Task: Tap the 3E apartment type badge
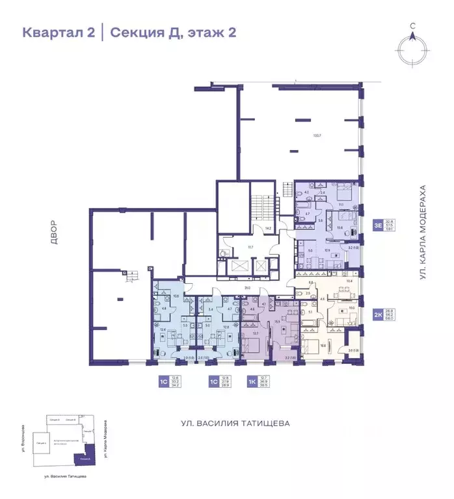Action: [x=377, y=225]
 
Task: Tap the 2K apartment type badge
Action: [x=377, y=315]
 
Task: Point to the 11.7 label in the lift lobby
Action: [x=248, y=248]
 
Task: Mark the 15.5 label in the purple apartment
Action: [x=276, y=321]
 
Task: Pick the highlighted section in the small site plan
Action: [x=84, y=459]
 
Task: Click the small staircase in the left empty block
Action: [x=131, y=277]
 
